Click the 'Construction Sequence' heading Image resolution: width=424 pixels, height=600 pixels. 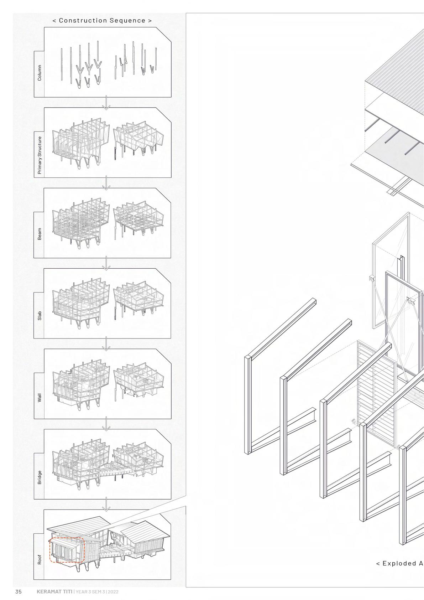(x=102, y=21)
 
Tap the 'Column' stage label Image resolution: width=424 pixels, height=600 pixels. (x=40, y=73)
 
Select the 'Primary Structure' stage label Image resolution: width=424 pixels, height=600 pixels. (x=40, y=155)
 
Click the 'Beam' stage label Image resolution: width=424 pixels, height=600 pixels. (x=40, y=234)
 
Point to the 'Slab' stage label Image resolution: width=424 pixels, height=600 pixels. (x=40, y=316)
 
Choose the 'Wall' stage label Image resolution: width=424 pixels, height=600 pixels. (x=40, y=398)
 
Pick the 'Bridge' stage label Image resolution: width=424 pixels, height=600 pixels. (x=40, y=477)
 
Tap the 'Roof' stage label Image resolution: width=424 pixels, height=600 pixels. (x=40, y=559)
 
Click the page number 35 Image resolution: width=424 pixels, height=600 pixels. (x=19, y=592)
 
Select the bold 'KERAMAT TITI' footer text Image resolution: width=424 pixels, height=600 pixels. (x=54, y=592)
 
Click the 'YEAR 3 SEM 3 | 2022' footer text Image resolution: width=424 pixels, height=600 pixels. (x=97, y=592)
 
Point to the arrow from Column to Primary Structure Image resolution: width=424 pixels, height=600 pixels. (x=106, y=104)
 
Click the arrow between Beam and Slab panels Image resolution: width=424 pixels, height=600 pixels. (x=106, y=264)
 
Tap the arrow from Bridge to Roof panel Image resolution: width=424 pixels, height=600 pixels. (x=106, y=505)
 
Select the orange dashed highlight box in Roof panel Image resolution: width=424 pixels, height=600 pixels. (x=67, y=550)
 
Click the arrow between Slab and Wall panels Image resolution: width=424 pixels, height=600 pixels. (x=106, y=344)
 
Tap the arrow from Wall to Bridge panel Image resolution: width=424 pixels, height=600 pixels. (x=106, y=425)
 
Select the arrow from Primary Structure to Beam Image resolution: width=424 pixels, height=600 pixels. (x=106, y=184)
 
